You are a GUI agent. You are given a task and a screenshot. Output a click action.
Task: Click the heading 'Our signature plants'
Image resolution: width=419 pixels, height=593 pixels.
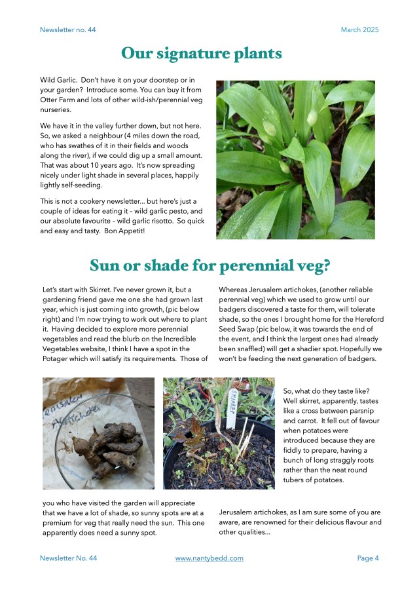click(x=202, y=53)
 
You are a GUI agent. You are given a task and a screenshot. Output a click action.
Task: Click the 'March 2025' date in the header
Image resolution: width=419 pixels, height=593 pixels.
click(x=359, y=30)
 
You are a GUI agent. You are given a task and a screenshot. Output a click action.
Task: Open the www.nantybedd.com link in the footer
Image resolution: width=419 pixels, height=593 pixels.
click(x=209, y=558)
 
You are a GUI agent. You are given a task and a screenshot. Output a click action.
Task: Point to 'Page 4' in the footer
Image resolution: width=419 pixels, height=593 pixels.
click(x=368, y=558)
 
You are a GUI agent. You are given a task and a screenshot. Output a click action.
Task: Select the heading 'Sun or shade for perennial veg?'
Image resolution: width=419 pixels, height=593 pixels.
click(x=209, y=266)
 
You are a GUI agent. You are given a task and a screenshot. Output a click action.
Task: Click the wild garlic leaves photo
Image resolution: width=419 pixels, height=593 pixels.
click(x=295, y=159)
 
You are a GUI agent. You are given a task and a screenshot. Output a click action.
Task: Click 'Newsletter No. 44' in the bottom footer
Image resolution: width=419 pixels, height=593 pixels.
click(x=68, y=558)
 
